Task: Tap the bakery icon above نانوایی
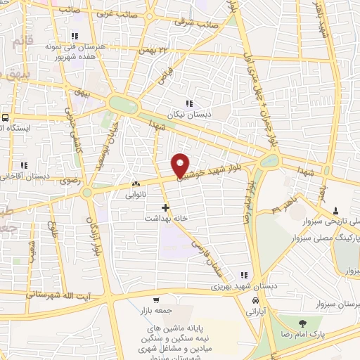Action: pos(136,184)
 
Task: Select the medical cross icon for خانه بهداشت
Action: pos(165,207)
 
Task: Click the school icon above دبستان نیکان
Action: pos(188,103)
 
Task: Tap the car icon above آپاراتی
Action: pos(250,301)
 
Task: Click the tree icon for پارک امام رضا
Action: pos(302,323)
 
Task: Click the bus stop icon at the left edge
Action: pos(5,117)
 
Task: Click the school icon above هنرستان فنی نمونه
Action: pos(74,36)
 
